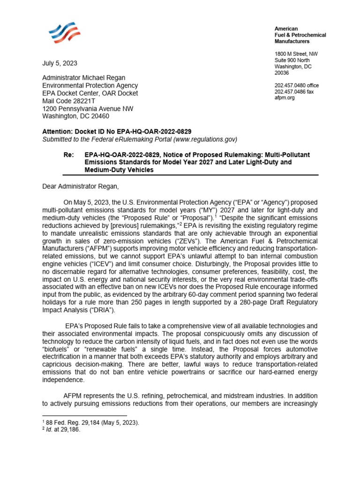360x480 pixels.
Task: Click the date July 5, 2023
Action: click(60, 63)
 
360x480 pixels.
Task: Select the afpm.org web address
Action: click(285, 98)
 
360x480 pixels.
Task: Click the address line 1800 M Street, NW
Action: click(296, 54)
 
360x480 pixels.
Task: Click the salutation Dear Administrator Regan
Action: click(81, 187)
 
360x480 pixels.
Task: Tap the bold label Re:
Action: click(69, 155)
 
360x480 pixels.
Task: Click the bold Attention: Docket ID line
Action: click(117, 132)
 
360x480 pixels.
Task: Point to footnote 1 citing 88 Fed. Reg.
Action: click(90, 422)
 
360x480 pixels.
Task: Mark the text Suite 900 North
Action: click(292, 60)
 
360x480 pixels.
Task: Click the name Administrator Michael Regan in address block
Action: click(84, 78)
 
